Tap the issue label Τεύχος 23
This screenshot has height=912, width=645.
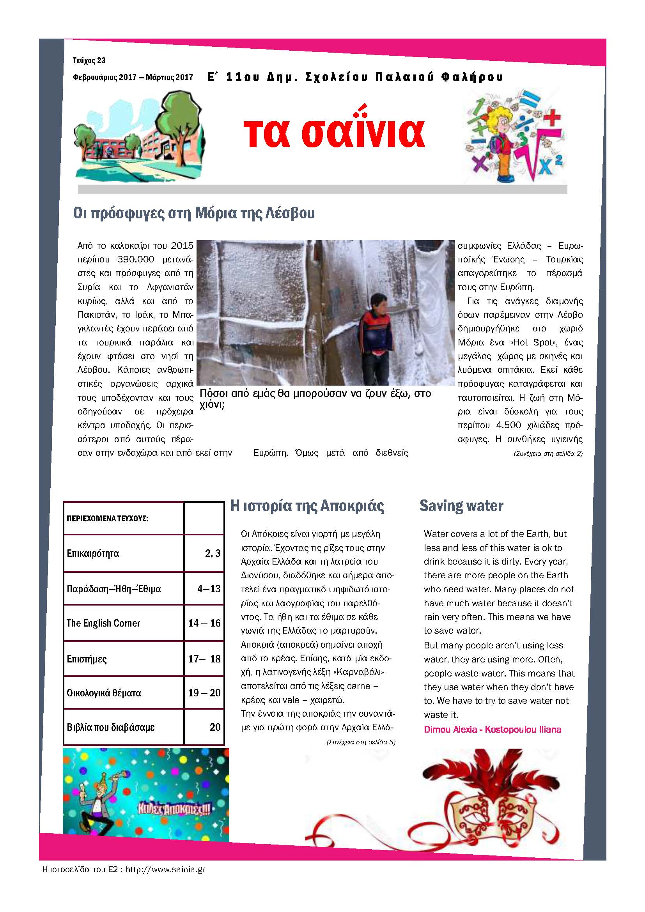[89, 60]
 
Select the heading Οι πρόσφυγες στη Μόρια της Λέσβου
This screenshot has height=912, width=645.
[194, 213]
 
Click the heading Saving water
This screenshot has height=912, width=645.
[461, 506]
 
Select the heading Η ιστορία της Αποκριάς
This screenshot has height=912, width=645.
[307, 506]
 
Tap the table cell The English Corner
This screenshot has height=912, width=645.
[103, 623]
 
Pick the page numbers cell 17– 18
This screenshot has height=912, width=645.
[204, 659]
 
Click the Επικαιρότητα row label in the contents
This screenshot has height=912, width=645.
[92, 553]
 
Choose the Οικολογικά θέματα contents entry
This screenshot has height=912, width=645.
[104, 693]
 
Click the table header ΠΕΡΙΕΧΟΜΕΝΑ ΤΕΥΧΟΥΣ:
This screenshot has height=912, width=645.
[107, 518]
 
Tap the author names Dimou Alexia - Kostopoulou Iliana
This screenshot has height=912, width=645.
[492, 729]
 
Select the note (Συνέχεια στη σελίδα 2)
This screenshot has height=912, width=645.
[548, 453]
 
